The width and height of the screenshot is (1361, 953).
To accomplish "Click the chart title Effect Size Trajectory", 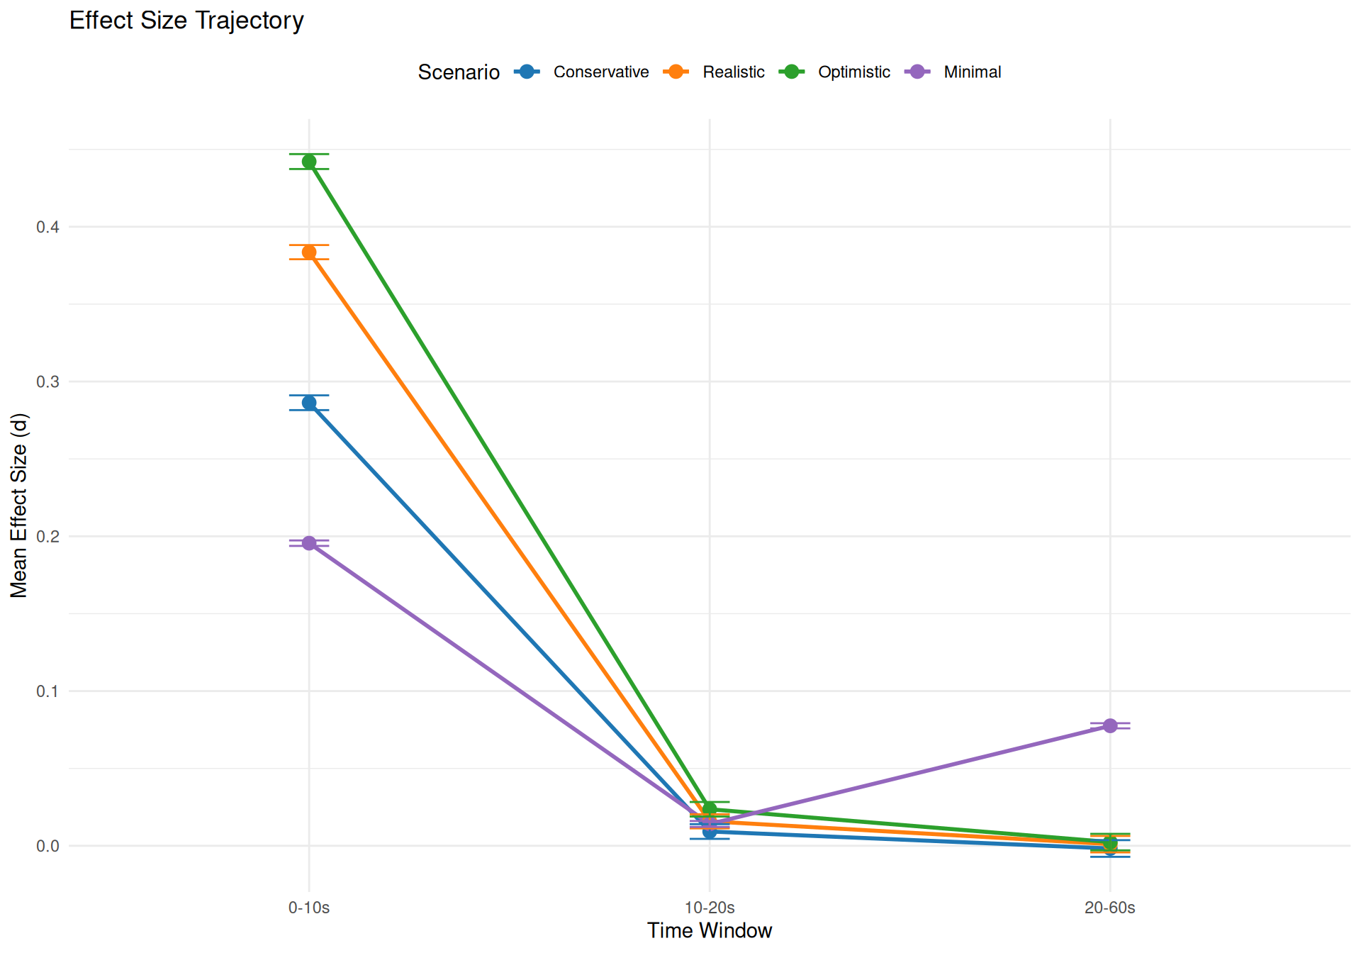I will (186, 21).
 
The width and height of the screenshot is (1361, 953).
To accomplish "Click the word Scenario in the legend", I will (459, 72).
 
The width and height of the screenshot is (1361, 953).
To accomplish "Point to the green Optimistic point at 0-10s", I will (309, 162).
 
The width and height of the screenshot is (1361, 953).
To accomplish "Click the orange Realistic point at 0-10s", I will (309, 252).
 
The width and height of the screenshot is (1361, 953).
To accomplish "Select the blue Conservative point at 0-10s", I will (309, 403).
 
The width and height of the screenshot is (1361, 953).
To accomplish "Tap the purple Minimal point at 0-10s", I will (309, 543).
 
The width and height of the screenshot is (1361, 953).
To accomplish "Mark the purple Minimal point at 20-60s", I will (1110, 725).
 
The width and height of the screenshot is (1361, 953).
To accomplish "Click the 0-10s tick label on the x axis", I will (309, 908).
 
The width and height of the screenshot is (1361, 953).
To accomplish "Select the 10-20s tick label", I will (710, 908).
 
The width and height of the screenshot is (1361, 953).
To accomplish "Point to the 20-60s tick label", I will (1110, 908).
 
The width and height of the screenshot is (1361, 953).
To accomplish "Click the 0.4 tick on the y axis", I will (48, 227).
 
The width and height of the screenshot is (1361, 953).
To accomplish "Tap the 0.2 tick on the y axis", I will (48, 537).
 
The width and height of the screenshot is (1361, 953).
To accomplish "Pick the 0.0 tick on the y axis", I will (48, 846).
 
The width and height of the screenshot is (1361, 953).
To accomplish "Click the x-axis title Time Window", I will (710, 931).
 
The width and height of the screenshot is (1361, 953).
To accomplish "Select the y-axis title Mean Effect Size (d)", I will (19, 506).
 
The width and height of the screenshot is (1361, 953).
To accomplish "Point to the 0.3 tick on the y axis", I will (48, 381).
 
